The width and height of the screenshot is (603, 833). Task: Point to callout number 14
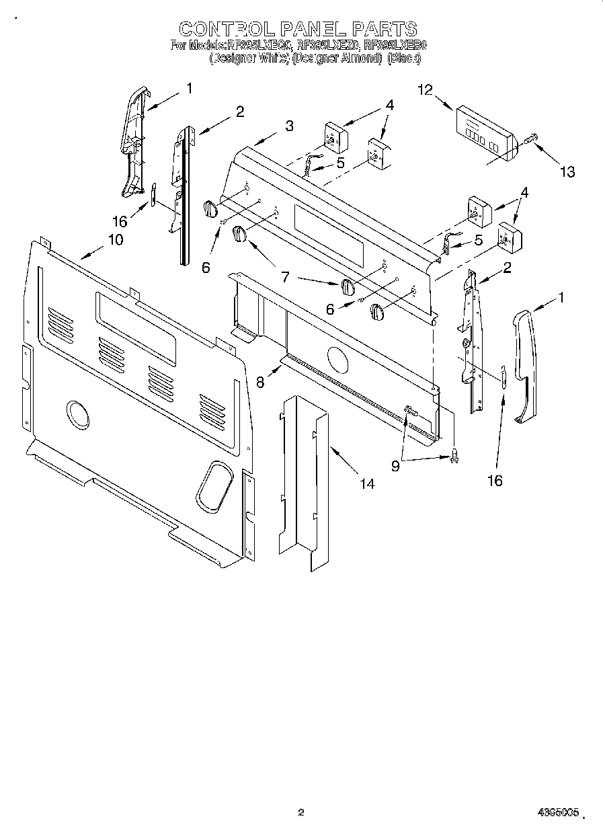[x=366, y=483]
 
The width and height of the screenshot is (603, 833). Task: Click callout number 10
[x=115, y=239]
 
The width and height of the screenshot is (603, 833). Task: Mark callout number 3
[x=288, y=126]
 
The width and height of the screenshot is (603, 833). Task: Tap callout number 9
[x=395, y=465]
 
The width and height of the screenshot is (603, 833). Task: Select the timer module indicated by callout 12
[x=483, y=132]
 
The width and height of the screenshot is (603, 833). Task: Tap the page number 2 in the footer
[x=300, y=812]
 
